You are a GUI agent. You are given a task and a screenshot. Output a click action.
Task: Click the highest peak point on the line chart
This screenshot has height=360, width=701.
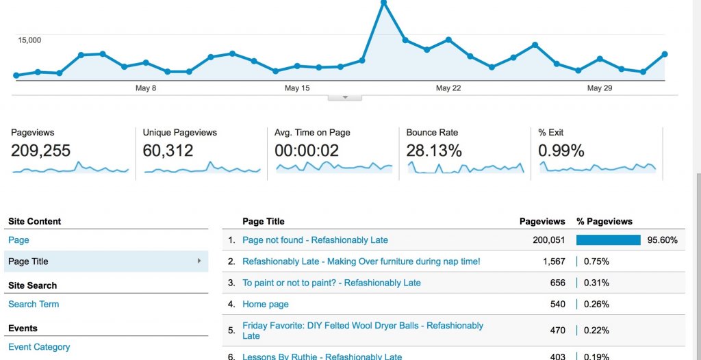(383, 3)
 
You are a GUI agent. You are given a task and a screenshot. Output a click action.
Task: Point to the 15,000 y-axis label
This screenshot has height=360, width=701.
(29, 40)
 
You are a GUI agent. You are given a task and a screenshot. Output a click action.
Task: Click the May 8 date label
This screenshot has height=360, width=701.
(146, 88)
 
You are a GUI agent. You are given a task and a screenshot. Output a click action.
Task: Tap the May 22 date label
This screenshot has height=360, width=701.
(448, 88)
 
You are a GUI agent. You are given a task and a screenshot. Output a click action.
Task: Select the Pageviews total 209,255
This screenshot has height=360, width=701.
(40, 151)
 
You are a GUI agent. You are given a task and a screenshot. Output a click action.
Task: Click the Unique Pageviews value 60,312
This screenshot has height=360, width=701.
(168, 151)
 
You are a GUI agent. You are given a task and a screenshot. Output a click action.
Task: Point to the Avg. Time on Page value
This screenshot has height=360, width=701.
(307, 151)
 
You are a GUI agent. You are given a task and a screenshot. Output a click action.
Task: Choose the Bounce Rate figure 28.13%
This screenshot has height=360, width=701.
(434, 151)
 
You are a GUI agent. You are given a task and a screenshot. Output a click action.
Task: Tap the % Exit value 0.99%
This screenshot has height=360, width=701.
(561, 151)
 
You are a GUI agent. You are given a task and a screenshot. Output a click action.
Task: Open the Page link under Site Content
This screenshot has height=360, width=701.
(18, 240)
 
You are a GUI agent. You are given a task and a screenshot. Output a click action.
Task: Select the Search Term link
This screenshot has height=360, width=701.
(34, 304)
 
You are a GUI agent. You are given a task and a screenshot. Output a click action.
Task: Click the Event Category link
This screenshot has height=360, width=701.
(39, 347)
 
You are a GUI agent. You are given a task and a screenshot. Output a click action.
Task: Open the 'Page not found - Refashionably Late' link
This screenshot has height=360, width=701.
(315, 240)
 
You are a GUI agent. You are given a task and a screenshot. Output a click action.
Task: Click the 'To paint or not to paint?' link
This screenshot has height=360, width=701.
(331, 283)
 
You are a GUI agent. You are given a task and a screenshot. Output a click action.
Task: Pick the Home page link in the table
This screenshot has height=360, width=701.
(266, 304)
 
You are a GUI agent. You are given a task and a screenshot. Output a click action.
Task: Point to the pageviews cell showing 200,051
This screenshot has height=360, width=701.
(549, 240)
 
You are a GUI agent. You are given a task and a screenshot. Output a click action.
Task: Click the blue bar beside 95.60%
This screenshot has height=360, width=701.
(608, 240)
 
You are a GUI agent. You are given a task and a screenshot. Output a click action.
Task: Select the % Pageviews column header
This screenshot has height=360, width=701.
(604, 222)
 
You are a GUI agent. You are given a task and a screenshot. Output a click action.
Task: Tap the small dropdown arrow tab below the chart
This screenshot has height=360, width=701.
(345, 97)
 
